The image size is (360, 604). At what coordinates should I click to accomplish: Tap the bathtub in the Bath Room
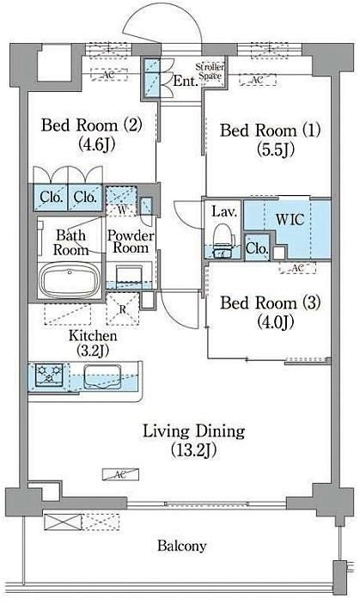click(70, 279)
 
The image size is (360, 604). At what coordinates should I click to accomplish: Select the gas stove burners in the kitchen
click(49, 374)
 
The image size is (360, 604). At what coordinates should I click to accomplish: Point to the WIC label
click(290, 220)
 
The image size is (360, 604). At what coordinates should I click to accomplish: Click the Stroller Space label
click(210, 71)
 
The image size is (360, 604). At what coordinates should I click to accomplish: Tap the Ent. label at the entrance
click(185, 82)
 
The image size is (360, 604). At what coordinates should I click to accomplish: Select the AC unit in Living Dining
click(120, 474)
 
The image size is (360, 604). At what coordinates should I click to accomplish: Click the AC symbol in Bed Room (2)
click(109, 75)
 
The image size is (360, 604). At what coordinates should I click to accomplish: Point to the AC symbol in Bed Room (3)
click(297, 268)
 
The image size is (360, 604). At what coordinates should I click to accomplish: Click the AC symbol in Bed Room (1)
click(257, 80)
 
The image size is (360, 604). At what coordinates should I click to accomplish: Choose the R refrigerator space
click(123, 309)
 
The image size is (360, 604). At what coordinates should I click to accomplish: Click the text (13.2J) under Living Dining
click(193, 450)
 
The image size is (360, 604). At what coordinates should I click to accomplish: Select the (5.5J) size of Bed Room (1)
click(276, 149)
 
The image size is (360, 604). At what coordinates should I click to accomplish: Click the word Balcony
click(182, 546)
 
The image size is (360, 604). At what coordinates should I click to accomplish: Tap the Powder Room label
click(131, 241)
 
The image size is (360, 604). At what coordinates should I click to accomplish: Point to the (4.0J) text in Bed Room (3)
click(276, 321)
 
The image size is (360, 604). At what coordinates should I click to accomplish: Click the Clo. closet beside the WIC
click(257, 249)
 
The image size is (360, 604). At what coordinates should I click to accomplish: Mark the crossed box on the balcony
click(63, 522)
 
